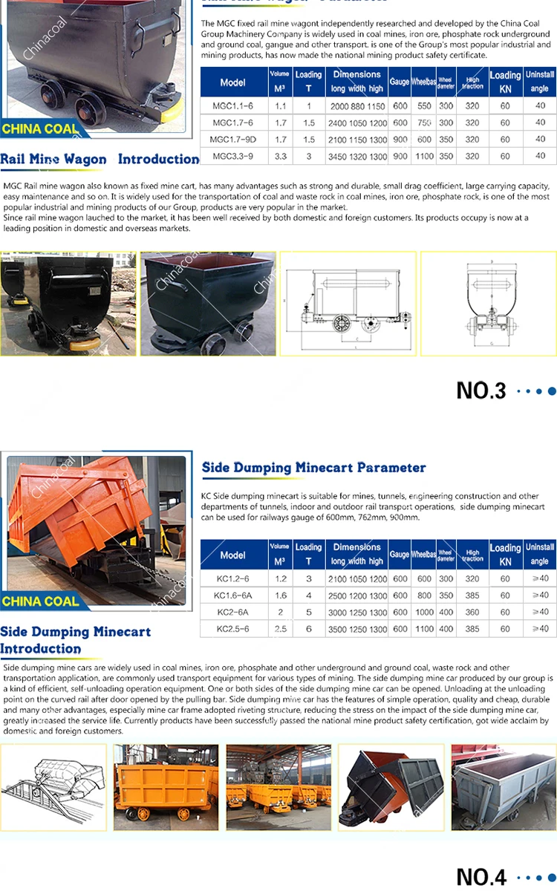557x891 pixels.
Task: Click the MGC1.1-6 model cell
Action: (232, 106)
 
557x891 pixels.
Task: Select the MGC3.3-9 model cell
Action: (232, 157)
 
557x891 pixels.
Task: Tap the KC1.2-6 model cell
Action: (232, 579)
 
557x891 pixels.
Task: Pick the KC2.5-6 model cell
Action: (232, 629)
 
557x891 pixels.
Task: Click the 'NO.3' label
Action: (481, 391)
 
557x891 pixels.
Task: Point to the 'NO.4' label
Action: (481, 877)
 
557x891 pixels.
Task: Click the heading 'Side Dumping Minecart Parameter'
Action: (313, 468)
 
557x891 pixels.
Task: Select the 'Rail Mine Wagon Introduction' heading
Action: (100, 159)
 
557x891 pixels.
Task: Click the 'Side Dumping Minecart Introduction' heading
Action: (75, 640)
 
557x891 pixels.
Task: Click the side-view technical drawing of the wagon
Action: (348, 304)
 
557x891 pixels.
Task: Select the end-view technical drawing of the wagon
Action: (488, 304)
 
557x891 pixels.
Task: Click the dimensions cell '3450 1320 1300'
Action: (357, 157)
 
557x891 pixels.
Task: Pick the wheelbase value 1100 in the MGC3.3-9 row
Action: (424, 157)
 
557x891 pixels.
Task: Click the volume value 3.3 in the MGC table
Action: (280, 157)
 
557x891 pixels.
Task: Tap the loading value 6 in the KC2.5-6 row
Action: (308, 629)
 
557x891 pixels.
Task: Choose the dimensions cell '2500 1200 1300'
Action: (357, 595)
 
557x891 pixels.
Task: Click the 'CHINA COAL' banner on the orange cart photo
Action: (41, 601)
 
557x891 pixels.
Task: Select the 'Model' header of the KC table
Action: (232, 555)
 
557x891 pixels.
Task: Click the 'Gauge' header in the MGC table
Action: (400, 82)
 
